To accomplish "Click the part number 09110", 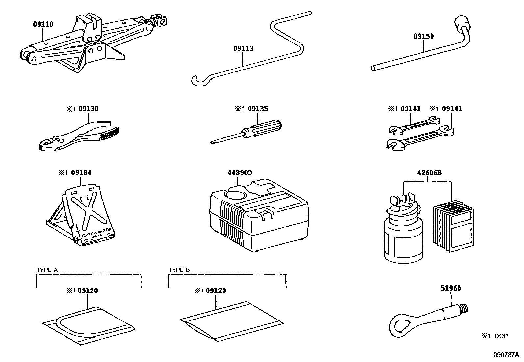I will click(43, 24).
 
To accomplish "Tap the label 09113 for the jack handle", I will click(243, 49).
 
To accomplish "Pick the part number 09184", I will click(81, 173).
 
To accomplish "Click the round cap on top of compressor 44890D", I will click(234, 195).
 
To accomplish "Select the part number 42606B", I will click(429, 173).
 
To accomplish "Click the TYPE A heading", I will click(47, 270).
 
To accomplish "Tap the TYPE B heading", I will click(179, 270).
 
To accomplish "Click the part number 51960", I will click(451, 288).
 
